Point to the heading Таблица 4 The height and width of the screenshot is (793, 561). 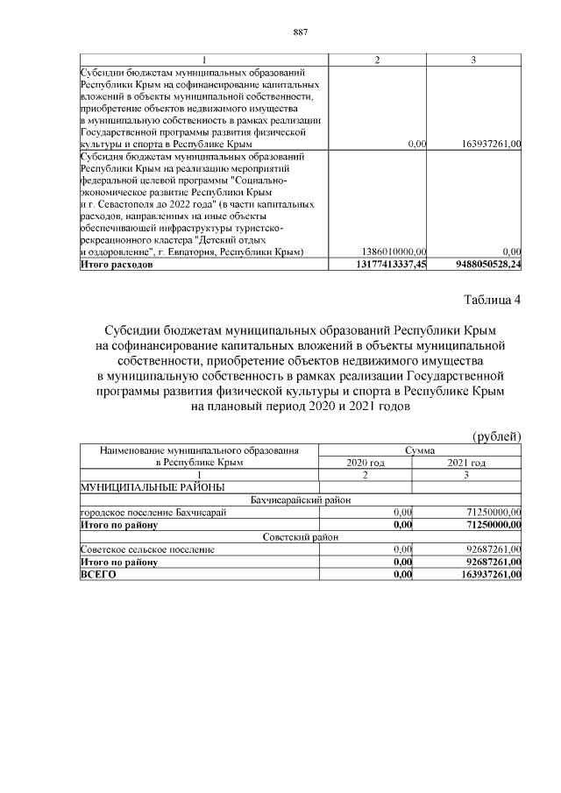click(x=492, y=301)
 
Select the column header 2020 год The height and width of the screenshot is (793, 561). click(x=366, y=463)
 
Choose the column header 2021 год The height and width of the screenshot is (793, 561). click(x=466, y=463)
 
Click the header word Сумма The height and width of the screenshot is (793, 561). click(x=419, y=450)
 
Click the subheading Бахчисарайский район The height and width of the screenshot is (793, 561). click(x=300, y=499)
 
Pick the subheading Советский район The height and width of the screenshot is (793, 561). click(x=300, y=536)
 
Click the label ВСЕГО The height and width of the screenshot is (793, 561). click(x=97, y=574)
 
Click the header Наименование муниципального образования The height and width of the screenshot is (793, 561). click(x=199, y=450)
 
